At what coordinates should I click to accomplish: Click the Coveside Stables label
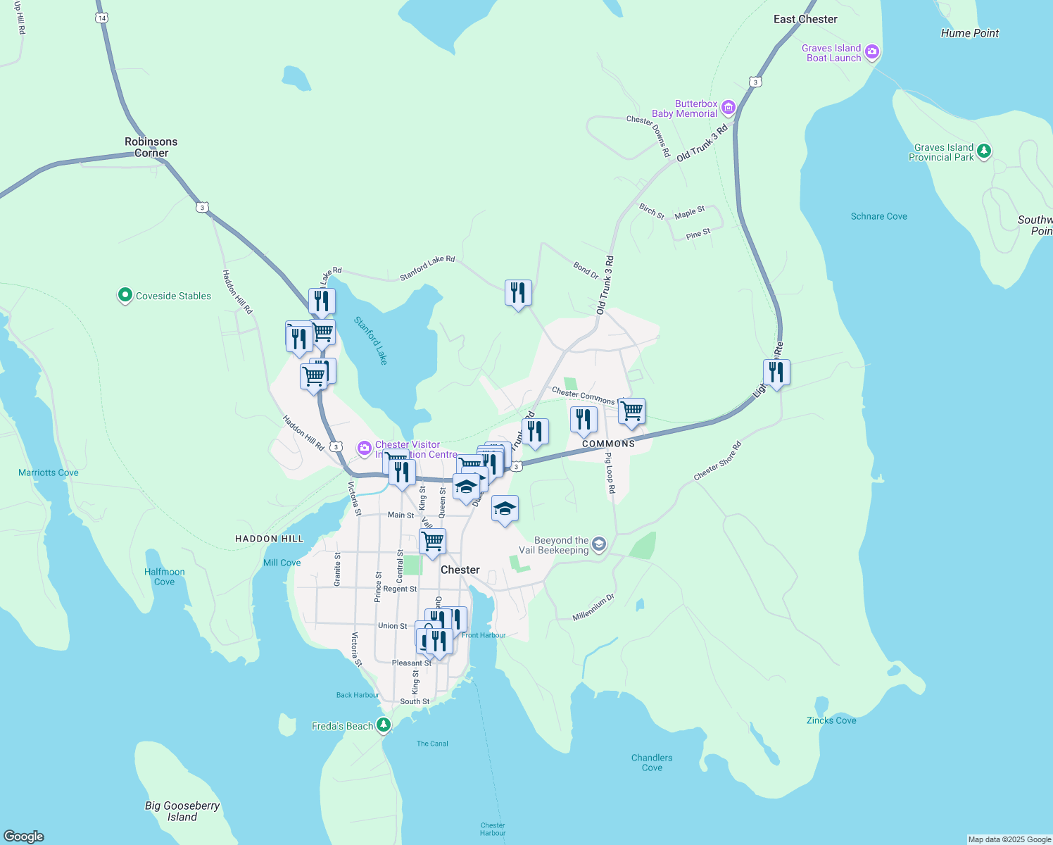173,296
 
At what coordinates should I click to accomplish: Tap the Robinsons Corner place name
151,147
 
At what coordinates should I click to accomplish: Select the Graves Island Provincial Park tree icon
984,151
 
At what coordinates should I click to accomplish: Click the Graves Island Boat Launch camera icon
872,51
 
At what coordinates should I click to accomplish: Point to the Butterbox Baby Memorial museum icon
729,108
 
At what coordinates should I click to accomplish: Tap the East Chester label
805,20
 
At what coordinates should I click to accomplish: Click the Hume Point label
970,33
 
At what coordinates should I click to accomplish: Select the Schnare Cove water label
878,217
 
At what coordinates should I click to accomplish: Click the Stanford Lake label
371,341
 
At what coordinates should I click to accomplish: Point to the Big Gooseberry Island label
182,811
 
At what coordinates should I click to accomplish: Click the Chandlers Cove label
652,763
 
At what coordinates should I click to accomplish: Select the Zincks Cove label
831,720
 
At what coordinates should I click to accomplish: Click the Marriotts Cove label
49,472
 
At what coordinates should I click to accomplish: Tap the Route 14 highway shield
102,18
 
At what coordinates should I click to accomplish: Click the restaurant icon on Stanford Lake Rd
518,292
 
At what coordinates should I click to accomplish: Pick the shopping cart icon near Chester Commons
631,411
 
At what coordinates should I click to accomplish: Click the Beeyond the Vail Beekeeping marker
599,544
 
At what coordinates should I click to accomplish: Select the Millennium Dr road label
593,608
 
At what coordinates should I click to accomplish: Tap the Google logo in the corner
24,837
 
